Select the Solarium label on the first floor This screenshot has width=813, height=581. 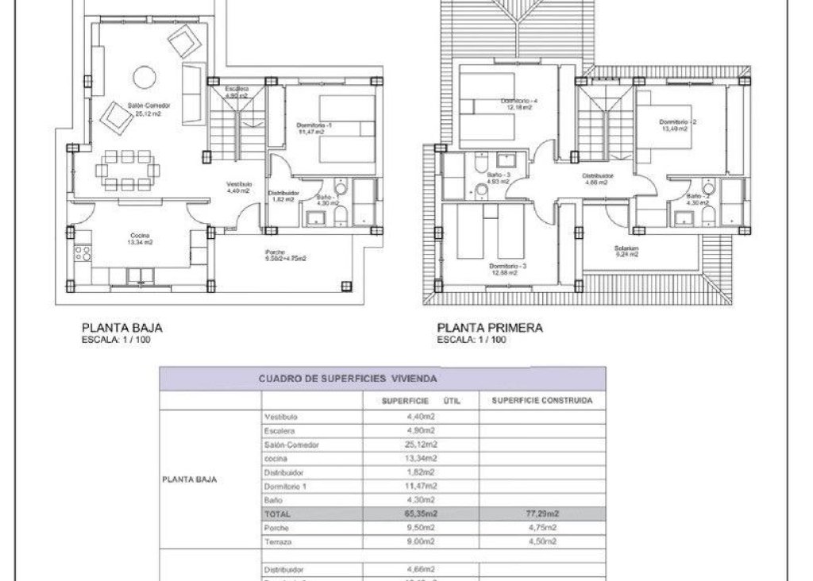pyautogui.click(x=626, y=248)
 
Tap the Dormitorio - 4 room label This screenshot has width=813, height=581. pyautogui.click(x=519, y=102)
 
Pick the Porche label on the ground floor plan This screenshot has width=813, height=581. pyautogui.click(x=275, y=252)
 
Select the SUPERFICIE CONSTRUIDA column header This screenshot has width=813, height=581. pyautogui.click(x=541, y=401)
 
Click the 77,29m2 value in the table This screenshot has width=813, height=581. pyautogui.click(x=541, y=514)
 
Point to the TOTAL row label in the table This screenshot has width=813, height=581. pyautogui.click(x=273, y=514)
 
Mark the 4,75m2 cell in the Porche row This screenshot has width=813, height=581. pyautogui.click(x=541, y=528)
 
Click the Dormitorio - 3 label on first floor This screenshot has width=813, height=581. pyautogui.click(x=508, y=267)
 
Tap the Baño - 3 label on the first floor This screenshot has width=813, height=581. pyautogui.click(x=497, y=175)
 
